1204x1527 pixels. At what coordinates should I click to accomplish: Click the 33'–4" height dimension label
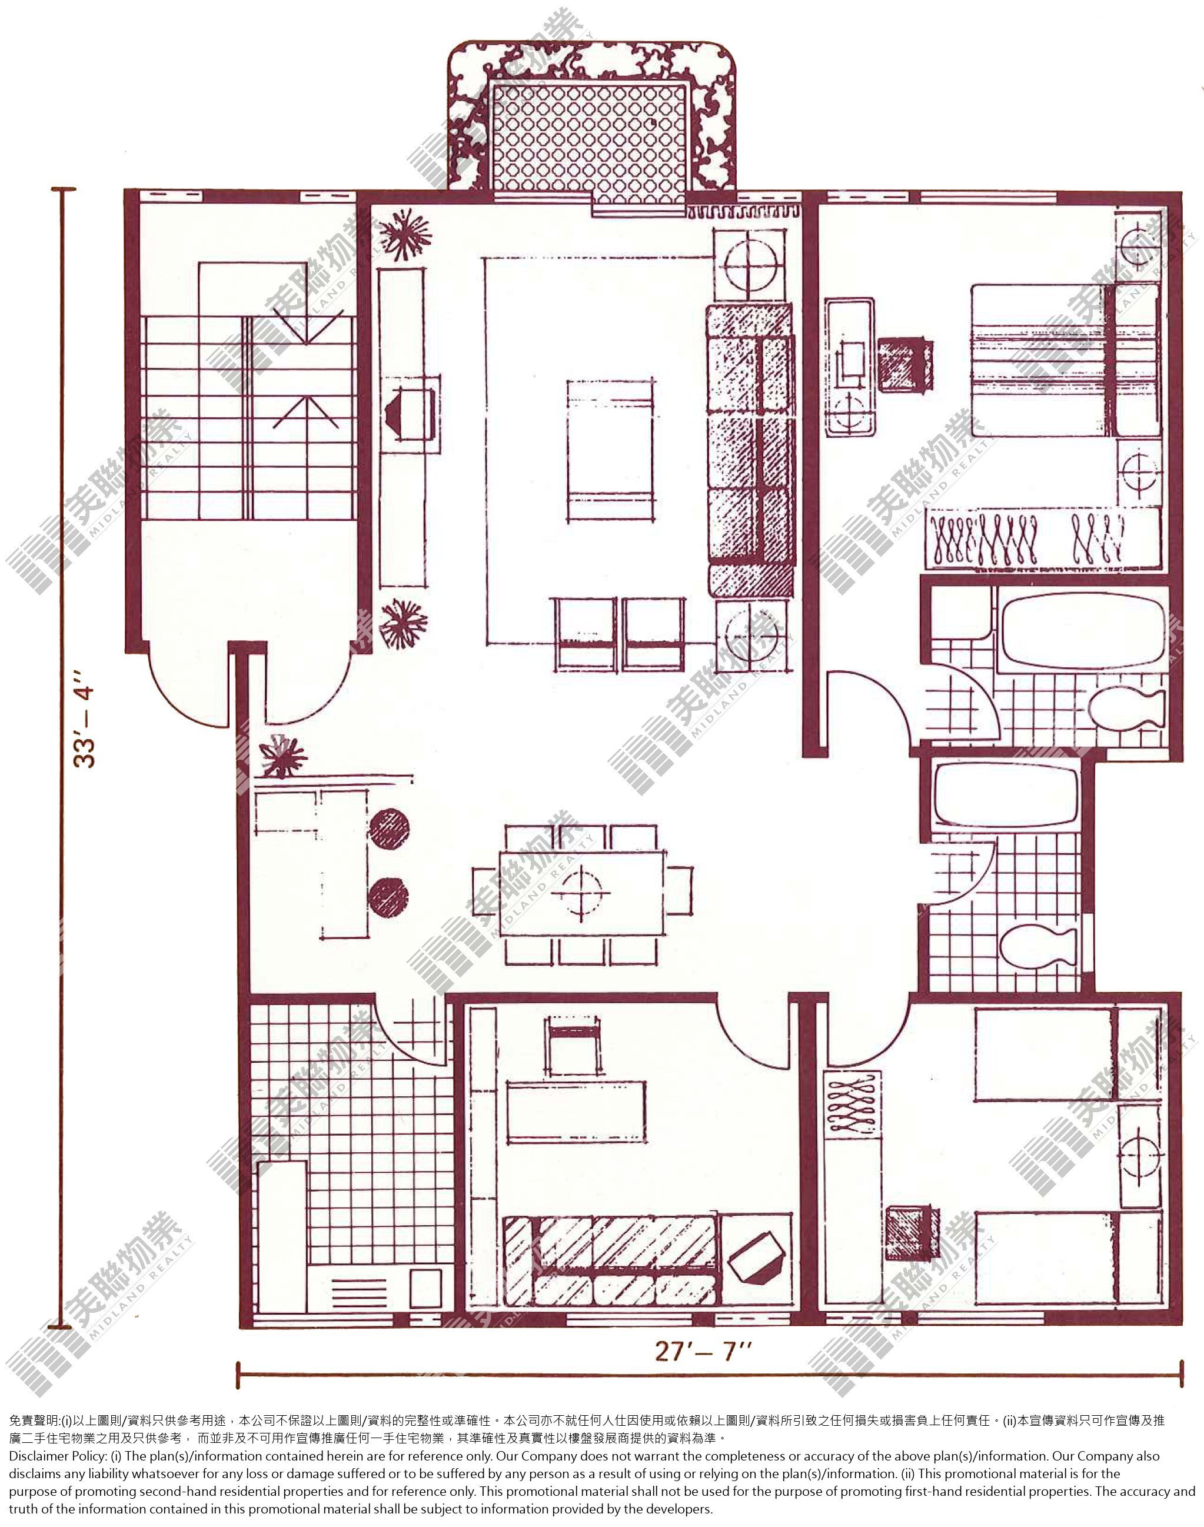[x=85, y=726]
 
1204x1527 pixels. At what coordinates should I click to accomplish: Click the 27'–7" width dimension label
[x=703, y=1350]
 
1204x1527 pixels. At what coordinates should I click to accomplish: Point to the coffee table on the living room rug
[x=610, y=450]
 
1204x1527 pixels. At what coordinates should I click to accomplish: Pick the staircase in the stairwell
[x=247, y=417]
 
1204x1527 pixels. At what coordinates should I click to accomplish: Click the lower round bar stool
[x=388, y=897]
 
